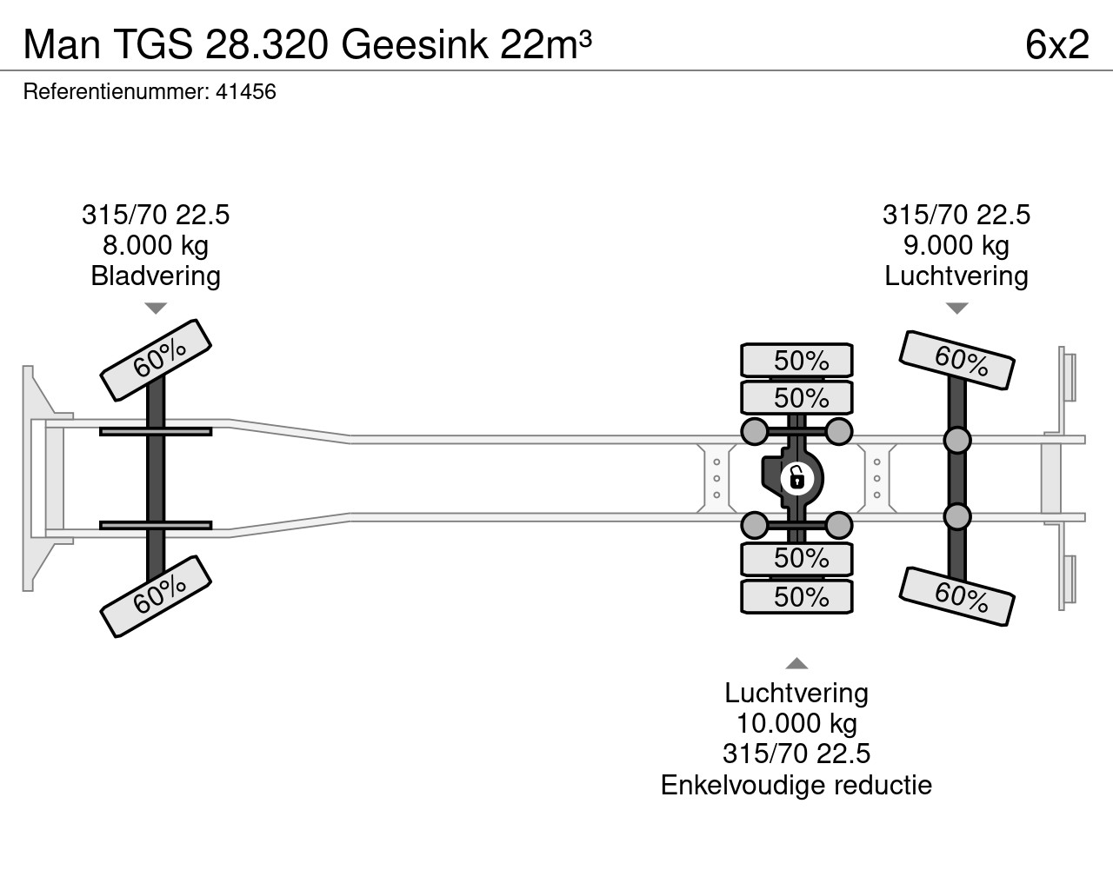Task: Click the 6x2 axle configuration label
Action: pyautogui.click(x=1057, y=44)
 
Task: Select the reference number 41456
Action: pyautogui.click(x=246, y=92)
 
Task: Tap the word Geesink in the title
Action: pyautogui.click(x=414, y=44)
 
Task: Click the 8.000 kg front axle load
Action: pyautogui.click(x=155, y=246)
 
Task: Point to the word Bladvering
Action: pyautogui.click(x=156, y=276)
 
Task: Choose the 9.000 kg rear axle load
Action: pyautogui.click(x=956, y=246)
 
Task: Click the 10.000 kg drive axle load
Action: pyautogui.click(x=796, y=723)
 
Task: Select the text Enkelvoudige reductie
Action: pyautogui.click(x=796, y=785)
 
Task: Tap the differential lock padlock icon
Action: pyautogui.click(x=797, y=479)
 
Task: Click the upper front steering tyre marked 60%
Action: pyautogui.click(x=155, y=360)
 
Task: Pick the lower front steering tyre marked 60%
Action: pyautogui.click(x=155, y=597)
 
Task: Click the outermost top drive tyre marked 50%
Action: pyautogui.click(x=796, y=361)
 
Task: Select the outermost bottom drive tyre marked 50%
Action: pyautogui.click(x=796, y=597)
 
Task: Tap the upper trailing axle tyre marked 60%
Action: pyautogui.click(x=956, y=360)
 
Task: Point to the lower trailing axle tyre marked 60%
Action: pyautogui.click(x=956, y=597)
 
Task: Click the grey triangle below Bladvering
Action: pyautogui.click(x=156, y=309)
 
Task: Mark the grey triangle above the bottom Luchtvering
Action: pyautogui.click(x=796, y=663)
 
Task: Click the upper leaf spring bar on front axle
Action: pyautogui.click(x=156, y=431)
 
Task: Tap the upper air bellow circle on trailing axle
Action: pyautogui.click(x=956, y=440)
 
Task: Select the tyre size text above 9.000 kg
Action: pyautogui.click(x=956, y=215)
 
